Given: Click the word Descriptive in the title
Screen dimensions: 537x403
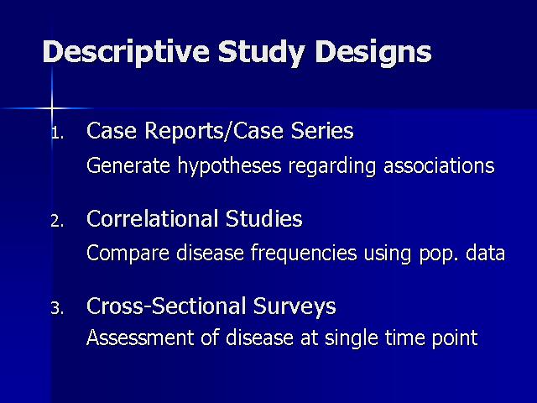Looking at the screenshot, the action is (x=126, y=52).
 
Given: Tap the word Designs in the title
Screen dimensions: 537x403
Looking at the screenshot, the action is (x=373, y=52).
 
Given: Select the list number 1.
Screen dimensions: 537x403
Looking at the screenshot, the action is (x=58, y=133).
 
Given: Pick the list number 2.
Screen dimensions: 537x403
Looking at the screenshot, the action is (x=57, y=222).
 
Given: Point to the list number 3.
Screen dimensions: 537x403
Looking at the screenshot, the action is (x=57, y=308).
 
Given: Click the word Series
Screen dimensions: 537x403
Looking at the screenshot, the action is (x=322, y=131).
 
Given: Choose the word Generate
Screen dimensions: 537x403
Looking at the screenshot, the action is (x=128, y=166).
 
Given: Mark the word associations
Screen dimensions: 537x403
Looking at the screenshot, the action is (x=439, y=166).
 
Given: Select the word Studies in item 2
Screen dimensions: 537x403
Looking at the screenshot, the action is (x=264, y=218).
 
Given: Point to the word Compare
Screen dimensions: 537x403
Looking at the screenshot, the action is (x=128, y=254).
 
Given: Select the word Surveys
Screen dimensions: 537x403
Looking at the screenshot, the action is (x=295, y=306).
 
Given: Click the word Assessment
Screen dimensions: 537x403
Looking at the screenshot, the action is (x=140, y=338).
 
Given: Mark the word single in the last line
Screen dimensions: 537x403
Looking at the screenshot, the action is (x=352, y=338).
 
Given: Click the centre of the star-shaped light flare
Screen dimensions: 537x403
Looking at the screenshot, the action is (x=52, y=108).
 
